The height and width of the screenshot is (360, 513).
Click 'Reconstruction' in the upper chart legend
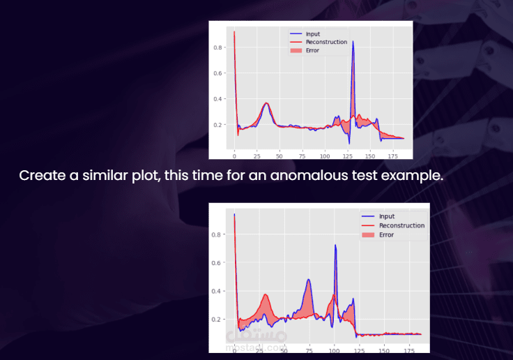coord(327,42)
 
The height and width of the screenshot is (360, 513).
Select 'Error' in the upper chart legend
coord(313,50)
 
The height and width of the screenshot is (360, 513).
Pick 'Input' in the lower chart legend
coord(386,216)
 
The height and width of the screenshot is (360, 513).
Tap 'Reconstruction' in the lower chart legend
coord(401,225)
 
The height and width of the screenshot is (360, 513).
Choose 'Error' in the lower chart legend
coord(386,234)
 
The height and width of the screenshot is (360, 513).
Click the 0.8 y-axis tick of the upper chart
coord(218,47)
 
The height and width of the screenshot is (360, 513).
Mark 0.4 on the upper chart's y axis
coord(218,99)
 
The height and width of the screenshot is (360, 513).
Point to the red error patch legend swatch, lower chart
coord(369,234)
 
